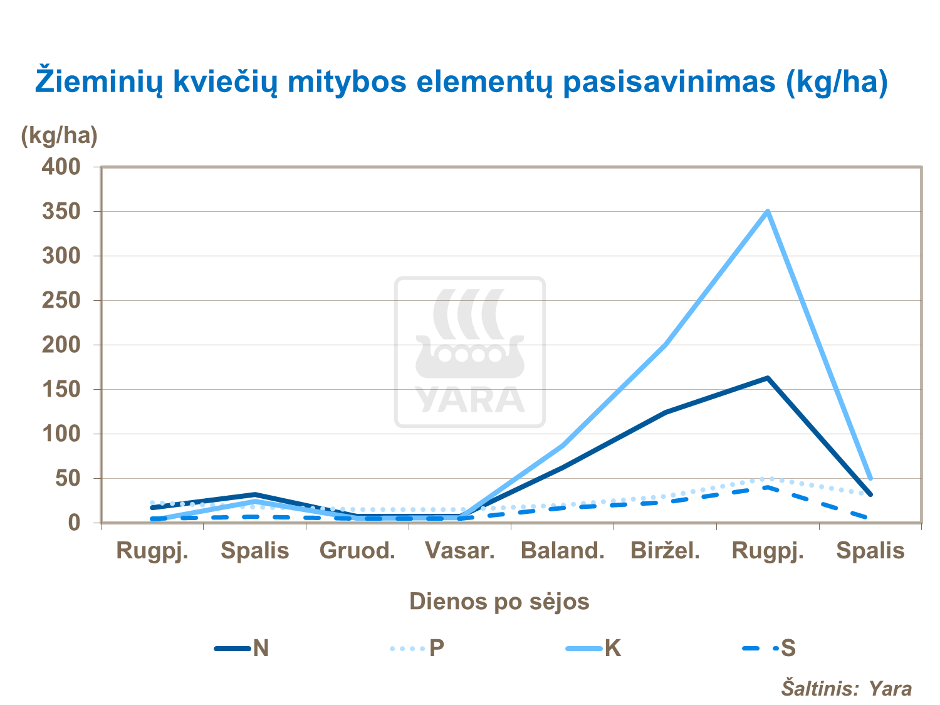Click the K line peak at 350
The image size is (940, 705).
[x=768, y=212]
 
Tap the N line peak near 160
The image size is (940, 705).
[x=768, y=378]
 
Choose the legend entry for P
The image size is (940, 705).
[x=417, y=648]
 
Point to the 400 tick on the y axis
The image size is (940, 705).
[x=61, y=167]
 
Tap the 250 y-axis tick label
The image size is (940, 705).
[x=61, y=300]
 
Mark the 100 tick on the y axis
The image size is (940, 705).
[x=61, y=434]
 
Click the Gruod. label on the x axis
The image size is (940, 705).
[x=357, y=551]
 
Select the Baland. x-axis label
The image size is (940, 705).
[x=563, y=551]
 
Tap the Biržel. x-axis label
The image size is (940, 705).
[x=665, y=551]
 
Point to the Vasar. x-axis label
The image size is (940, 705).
[x=460, y=551]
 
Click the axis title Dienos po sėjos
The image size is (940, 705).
[x=499, y=602]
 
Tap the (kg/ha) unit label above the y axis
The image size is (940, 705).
[x=60, y=135]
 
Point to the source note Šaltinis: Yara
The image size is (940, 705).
[x=846, y=688]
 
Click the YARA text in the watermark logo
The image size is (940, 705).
[x=470, y=399]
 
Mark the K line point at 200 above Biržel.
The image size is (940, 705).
[x=665, y=345]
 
